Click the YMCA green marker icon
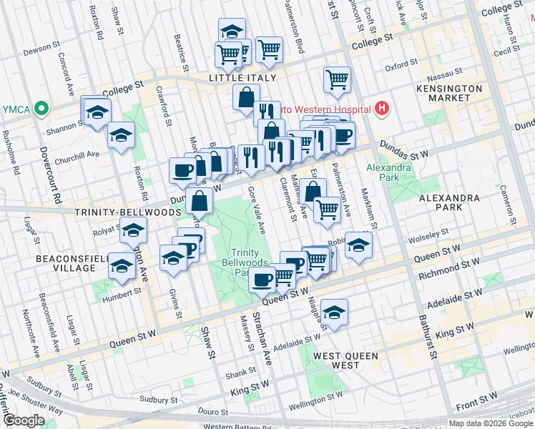pos(41,109)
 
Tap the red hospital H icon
pos(383,109)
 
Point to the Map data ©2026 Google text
pos(490,423)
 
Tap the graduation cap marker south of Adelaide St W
pos(333,312)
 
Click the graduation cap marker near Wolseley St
pos(358,245)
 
